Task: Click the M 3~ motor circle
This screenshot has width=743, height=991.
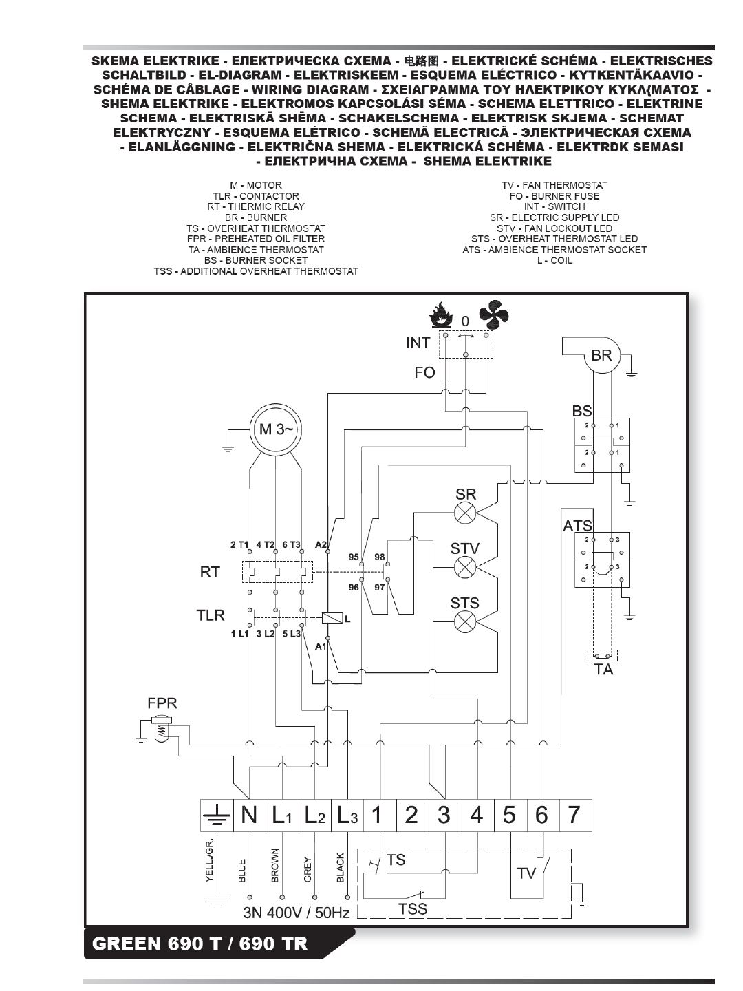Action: click(275, 429)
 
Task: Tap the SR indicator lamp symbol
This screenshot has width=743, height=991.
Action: click(464, 513)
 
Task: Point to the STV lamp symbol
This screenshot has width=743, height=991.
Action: click(464, 567)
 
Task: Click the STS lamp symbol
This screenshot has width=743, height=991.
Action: click(464, 621)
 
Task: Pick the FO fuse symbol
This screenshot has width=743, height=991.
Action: click(445, 372)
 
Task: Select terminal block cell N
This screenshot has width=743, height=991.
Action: click(250, 815)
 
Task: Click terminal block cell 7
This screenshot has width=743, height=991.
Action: click(576, 815)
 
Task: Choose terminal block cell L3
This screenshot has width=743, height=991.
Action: click(347, 815)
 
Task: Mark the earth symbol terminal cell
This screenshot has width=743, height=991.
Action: click(217, 815)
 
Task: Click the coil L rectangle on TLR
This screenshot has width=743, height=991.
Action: click(329, 618)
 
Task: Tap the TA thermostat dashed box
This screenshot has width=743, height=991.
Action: click(603, 655)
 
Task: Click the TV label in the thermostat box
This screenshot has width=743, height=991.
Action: click(526, 873)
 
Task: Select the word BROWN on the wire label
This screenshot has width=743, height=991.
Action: click(274, 865)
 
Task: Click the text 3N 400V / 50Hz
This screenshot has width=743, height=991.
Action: click(297, 913)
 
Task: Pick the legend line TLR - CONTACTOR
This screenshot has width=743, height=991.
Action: click(256, 196)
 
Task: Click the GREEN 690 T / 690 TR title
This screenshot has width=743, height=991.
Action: click(200, 944)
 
